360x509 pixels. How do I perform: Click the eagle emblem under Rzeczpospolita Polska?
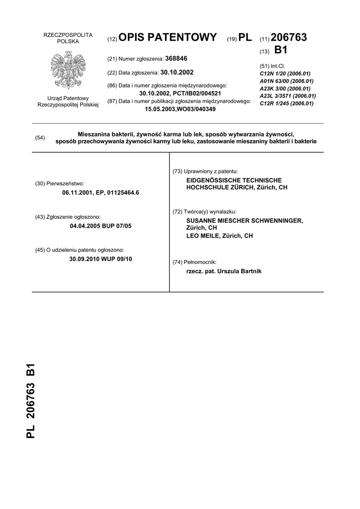(x=68, y=70)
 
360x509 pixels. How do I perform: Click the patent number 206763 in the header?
(x=289, y=37)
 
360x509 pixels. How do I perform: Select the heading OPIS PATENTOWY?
(x=168, y=37)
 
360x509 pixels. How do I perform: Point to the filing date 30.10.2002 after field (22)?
(x=177, y=72)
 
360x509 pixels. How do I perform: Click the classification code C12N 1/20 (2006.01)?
(x=285, y=73)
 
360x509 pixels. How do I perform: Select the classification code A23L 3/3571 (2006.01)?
(x=288, y=96)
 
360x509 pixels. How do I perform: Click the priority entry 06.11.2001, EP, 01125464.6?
(x=101, y=192)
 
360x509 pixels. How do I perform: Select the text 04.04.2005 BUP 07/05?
(x=101, y=226)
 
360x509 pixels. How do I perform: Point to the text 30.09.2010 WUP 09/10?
(x=101, y=259)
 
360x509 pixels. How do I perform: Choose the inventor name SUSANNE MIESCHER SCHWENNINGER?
(x=244, y=220)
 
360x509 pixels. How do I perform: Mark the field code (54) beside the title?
(x=40, y=138)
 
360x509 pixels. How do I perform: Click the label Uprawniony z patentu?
(x=212, y=171)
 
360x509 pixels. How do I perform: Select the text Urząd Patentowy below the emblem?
(x=68, y=98)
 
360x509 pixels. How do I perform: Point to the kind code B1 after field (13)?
(x=281, y=50)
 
